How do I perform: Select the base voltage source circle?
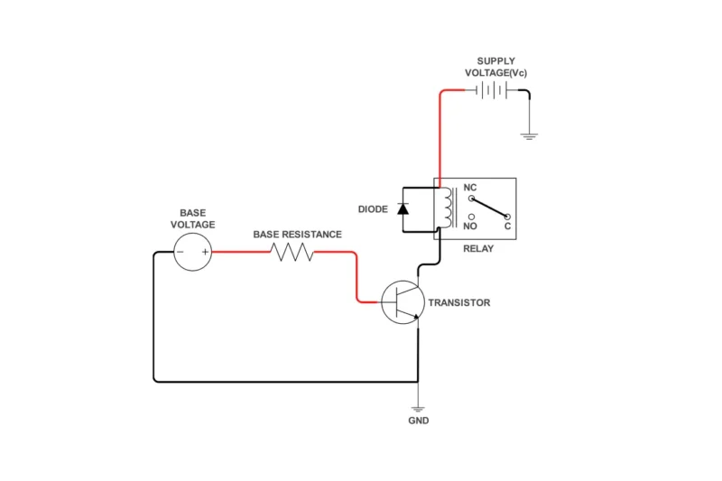pyautogui.click(x=193, y=252)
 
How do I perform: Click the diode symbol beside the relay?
pyautogui.click(x=403, y=209)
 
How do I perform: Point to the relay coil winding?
pyautogui.click(x=445, y=208)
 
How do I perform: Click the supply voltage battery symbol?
pyautogui.click(x=491, y=90)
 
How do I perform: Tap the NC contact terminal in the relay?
pyautogui.click(x=470, y=199)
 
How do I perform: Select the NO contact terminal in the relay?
pyautogui.click(x=470, y=217)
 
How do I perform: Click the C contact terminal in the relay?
pyautogui.click(x=507, y=217)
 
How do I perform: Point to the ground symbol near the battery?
pyautogui.click(x=529, y=135)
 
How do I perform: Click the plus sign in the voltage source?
pyautogui.click(x=205, y=253)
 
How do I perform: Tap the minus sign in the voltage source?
pyautogui.click(x=180, y=253)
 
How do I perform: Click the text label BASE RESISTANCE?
pyautogui.click(x=297, y=235)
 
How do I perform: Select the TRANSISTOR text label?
pyautogui.click(x=459, y=303)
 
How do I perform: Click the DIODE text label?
pyautogui.click(x=373, y=209)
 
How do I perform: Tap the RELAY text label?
pyautogui.click(x=477, y=248)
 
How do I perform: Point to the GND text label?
pyautogui.click(x=418, y=421)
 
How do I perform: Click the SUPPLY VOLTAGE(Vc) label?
pyautogui.click(x=495, y=67)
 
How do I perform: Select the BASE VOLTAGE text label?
pyautogui.click(x=192, y=219)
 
